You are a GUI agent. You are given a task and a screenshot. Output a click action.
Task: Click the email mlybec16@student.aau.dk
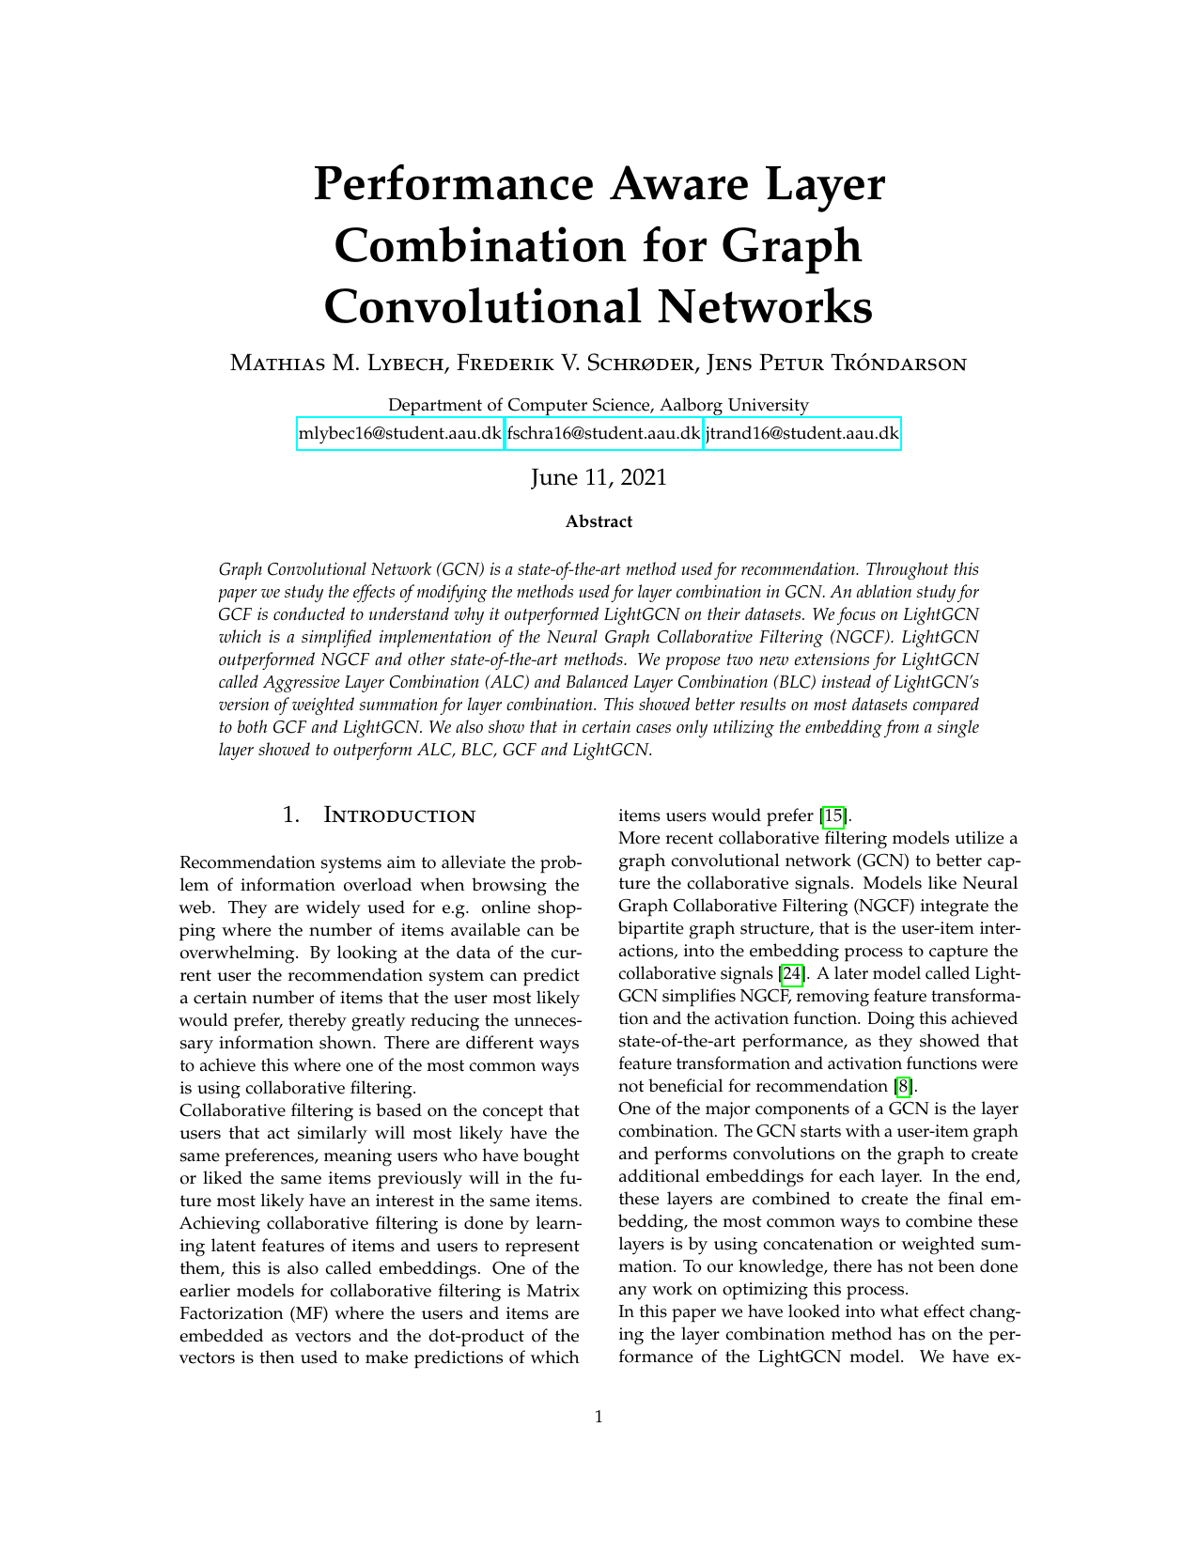[x=399, y=434]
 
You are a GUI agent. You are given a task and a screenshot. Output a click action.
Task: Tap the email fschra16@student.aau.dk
[x=603, y=434]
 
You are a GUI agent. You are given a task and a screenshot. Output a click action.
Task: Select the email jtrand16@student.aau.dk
[x=801, y=434]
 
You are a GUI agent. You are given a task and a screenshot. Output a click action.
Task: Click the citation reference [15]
[x=833, y=815]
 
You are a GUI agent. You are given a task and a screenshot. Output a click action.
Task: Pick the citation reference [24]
[x=792, y=974]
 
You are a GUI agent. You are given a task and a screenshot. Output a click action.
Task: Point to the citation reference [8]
[x=903, y=1087]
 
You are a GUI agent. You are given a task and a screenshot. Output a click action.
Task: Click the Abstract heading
[x=599, y=522]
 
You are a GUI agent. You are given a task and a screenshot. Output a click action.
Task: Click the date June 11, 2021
[x=599, y=477]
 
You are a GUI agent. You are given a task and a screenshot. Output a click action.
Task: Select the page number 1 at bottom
[x=599, y=1417]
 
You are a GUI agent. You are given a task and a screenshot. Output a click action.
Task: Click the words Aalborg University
[x=734, y=406]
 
